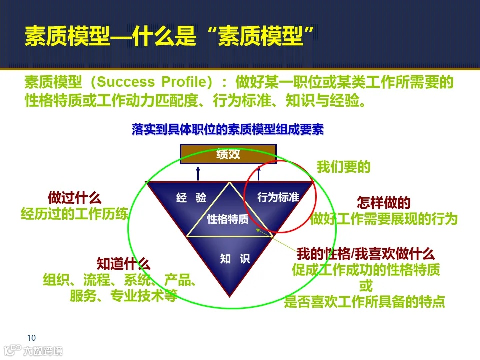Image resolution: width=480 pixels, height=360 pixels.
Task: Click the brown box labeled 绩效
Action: (228, 154)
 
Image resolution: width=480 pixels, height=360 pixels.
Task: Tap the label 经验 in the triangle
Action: (191, 198)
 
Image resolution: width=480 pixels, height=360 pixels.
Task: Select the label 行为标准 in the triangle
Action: (278, 197)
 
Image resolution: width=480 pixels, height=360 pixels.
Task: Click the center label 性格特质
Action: (228, 219)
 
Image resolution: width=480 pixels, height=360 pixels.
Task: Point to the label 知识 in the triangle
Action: (235, 259)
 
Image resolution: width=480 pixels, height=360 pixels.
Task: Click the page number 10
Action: (31, 337)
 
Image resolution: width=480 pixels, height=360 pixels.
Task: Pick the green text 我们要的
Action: (344, 167)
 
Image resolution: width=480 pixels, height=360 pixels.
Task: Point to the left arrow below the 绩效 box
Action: (198, 173)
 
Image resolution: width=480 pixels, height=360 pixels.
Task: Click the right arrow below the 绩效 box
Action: (259, 173)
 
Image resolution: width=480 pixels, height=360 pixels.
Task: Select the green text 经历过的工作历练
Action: (74, 214)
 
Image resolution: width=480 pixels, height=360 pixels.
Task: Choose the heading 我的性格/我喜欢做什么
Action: (366, 253)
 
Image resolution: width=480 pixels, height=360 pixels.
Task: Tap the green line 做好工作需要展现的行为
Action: (384, 219)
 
